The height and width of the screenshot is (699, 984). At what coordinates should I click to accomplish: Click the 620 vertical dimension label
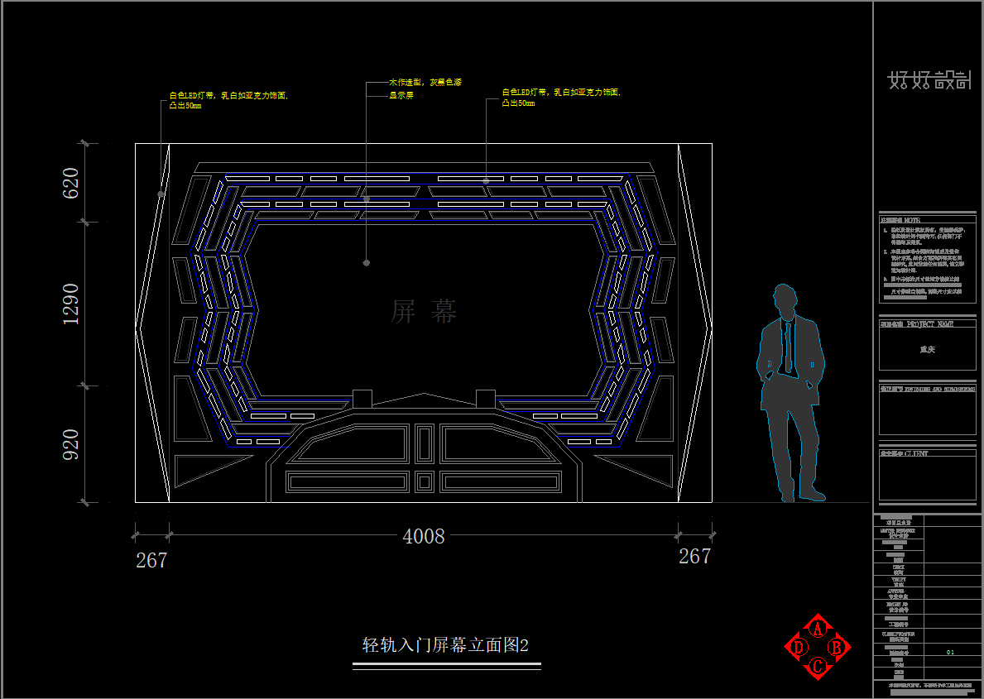pos(71,183)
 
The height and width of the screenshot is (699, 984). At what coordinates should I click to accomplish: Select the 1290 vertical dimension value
pos(71,304)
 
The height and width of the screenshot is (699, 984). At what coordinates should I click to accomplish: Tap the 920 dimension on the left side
pos(71,444)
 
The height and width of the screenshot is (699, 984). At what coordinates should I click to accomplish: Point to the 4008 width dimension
pos(424,537)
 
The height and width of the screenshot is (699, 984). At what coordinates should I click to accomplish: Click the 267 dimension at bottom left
pos(151,561)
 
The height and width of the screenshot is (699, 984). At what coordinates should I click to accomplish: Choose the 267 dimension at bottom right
pos(694,557)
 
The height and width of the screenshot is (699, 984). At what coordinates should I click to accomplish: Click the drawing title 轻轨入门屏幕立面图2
pos(446,645)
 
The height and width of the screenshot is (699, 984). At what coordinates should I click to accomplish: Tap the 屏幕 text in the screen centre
pos(424,312)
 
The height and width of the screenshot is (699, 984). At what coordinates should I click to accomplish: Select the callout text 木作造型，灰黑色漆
pos(425,83)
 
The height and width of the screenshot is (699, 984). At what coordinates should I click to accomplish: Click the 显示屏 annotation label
pos(402,96)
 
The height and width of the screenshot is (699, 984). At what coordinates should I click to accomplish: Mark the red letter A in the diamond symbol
pos(818,629)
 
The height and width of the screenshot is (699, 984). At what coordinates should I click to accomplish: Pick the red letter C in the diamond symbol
pos(818,666)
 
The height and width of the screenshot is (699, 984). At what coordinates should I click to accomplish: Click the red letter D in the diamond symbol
pos(799,648)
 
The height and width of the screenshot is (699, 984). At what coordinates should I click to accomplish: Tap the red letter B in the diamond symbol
pos(837,648)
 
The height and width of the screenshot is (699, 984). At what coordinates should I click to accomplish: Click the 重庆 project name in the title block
pos(928,350)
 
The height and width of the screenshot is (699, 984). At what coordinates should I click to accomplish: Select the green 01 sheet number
pos(951,653)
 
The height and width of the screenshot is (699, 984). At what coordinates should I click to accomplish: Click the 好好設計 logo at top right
pos(929,80)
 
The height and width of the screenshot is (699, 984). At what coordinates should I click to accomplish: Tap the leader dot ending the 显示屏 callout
pos(367,263)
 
